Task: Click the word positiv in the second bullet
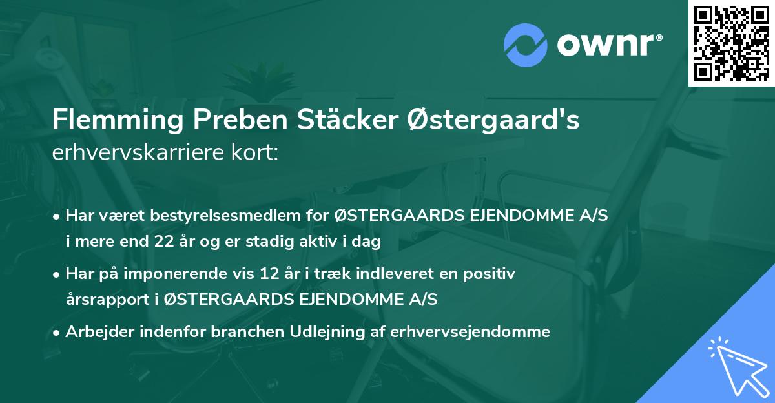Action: pos(492,274)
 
